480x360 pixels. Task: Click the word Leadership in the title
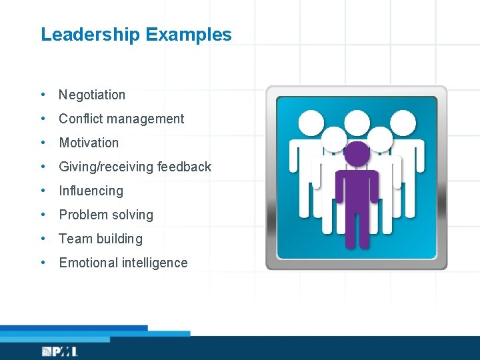pos(90,35)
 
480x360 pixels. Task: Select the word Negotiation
pos(92,95)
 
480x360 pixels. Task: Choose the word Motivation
pos(89,143)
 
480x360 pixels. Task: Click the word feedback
pos(185,167)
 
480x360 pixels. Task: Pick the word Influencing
pos(91,191)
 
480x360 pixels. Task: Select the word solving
pos(133,215)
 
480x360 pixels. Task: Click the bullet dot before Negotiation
pos(43,95)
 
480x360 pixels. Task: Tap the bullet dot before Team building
pos(43,239)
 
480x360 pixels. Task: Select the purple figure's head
pos(357,153)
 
